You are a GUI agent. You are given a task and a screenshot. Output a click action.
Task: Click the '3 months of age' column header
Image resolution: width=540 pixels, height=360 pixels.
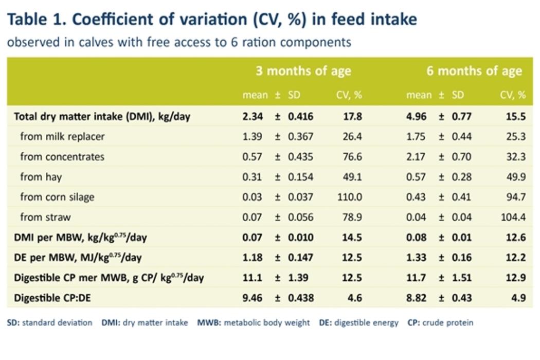pos(303,71)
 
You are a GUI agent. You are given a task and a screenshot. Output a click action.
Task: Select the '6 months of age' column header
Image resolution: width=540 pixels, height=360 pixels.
pos(474,71)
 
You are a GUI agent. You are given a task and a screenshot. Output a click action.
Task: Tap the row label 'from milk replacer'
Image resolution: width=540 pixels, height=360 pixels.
pos(62,136)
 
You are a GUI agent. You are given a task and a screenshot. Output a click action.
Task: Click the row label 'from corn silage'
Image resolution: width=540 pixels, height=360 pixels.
pos(57,197)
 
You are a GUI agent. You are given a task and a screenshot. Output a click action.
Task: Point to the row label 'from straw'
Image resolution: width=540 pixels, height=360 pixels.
pos(45,217)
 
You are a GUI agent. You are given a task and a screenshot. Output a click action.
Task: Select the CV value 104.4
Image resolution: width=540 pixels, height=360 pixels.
pos(513,217)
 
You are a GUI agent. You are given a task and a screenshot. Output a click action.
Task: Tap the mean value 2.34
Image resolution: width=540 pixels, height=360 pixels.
pos(253,116)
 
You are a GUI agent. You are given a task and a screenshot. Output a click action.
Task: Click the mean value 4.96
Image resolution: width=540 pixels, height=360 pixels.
pos(416,116)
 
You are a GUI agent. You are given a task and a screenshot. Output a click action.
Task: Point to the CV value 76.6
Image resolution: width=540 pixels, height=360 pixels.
pos(352,156)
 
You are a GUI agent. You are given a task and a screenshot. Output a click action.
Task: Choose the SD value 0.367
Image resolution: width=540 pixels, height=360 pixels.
pos(300,136)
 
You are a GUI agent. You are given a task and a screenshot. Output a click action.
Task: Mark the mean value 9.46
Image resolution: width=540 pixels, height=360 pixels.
pos(253,298)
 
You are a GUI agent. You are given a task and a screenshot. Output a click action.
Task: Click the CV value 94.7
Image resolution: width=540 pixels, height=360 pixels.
pos(515,197)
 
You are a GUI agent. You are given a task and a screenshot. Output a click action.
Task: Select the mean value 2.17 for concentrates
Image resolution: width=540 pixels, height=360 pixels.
pos(416,156)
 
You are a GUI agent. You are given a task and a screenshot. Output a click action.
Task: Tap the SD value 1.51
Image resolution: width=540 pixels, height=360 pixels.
pos(462,278)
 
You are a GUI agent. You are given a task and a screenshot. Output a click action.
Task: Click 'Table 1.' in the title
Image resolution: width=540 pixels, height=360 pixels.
pos(36,20)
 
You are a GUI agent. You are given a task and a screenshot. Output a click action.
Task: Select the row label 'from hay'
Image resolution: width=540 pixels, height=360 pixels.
pos(41,177)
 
